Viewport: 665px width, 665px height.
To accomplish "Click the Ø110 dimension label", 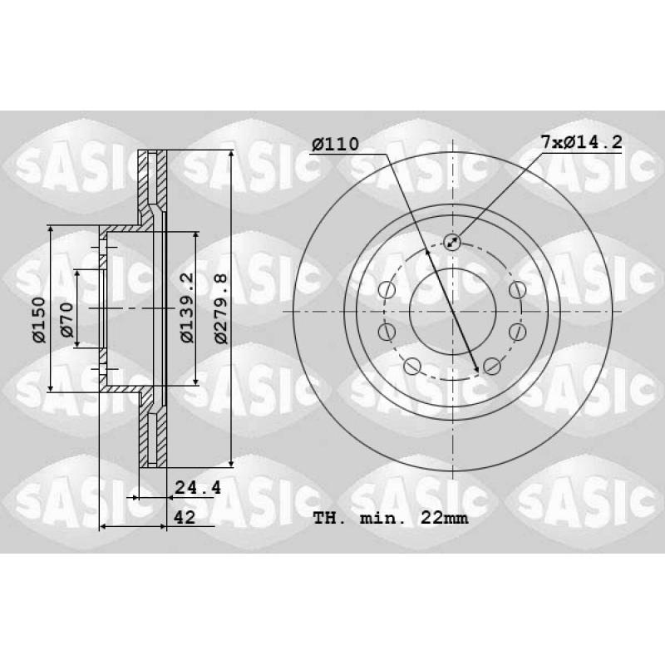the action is click(x=335, y=144).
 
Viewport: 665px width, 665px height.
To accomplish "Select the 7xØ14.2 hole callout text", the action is click(x=581, y=141).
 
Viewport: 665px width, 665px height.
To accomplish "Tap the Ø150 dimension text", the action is click(x=39, y=320).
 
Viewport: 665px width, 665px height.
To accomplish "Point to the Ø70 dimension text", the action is click(x=66, y=320).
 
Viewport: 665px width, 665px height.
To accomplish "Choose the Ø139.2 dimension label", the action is click(x=186, y=308).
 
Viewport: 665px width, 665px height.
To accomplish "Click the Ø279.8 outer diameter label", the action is click(x=220, y=308).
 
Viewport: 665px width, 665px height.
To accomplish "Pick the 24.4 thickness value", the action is click(x=198, y=488).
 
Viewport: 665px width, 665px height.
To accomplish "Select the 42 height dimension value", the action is click(x=185, y=517).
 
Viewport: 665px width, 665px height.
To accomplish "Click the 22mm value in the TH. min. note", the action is click(x=444, y=518).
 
